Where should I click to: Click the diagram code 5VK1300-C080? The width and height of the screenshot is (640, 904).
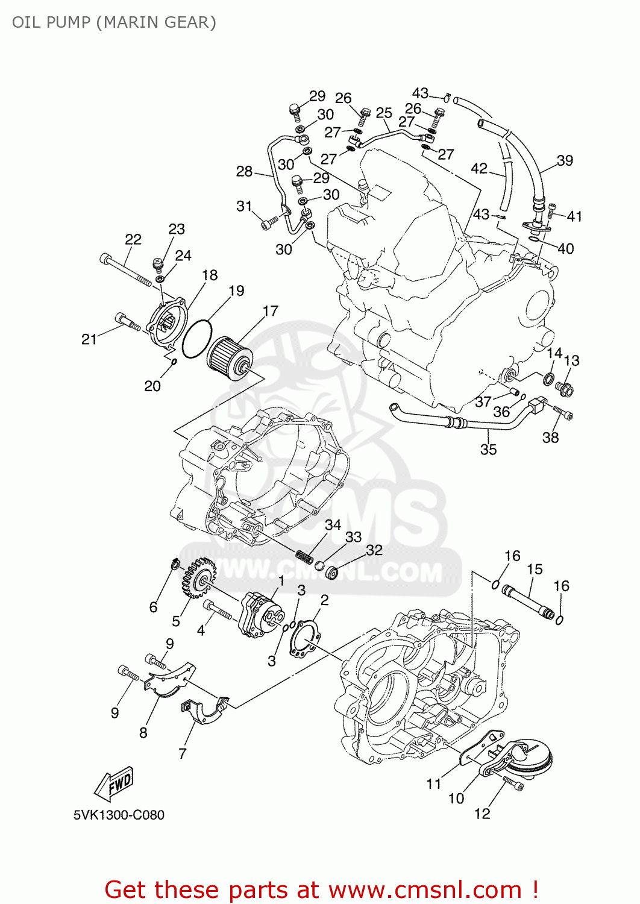pyautogui.click(x=119, y=815)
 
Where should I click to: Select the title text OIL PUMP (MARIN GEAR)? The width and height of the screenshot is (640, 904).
pyautogui.click(x=114, y=22)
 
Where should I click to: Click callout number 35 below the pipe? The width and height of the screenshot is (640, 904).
pyautogui.click(x=488, y=449)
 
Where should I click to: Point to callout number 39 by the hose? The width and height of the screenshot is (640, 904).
pyautogui.click(x=565, y=160)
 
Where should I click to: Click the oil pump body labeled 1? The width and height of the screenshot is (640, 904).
pyautogui.click(x=262, y=615)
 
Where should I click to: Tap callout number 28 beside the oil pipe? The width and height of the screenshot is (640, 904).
pyautogui.click(x=244, y=171)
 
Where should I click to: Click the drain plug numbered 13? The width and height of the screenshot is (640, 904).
pyautogui.click(x=564, y=389)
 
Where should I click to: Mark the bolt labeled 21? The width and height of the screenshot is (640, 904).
pyautogui.click(x=127, y=322)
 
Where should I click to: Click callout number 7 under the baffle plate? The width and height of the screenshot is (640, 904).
pyautogui.click(x=182, y=753)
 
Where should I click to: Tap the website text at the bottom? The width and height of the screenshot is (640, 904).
pyautogui.click(x=321, y=889)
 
